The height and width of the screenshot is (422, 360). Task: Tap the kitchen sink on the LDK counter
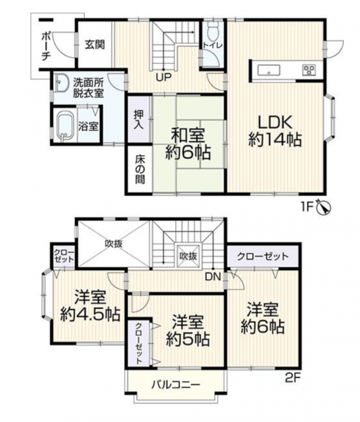(269, 70)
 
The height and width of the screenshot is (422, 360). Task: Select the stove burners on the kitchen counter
(309, 70)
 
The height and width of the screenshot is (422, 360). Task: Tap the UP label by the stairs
(164, 78)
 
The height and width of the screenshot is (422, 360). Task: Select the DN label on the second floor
(213, 277)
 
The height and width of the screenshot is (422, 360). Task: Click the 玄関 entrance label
(94, 44)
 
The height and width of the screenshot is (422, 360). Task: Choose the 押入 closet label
(139, 119)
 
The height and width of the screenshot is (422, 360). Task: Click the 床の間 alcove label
(139, 170)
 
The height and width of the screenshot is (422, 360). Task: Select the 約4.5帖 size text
(90, 314)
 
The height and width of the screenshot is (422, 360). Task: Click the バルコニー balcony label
(175, 384)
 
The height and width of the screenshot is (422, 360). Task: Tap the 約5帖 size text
(187, 340)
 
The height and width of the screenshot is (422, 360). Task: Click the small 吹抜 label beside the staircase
(188, 256)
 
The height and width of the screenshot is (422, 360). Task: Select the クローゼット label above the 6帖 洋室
(263, 256)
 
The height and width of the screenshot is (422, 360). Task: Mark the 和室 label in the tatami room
(188, 136)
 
